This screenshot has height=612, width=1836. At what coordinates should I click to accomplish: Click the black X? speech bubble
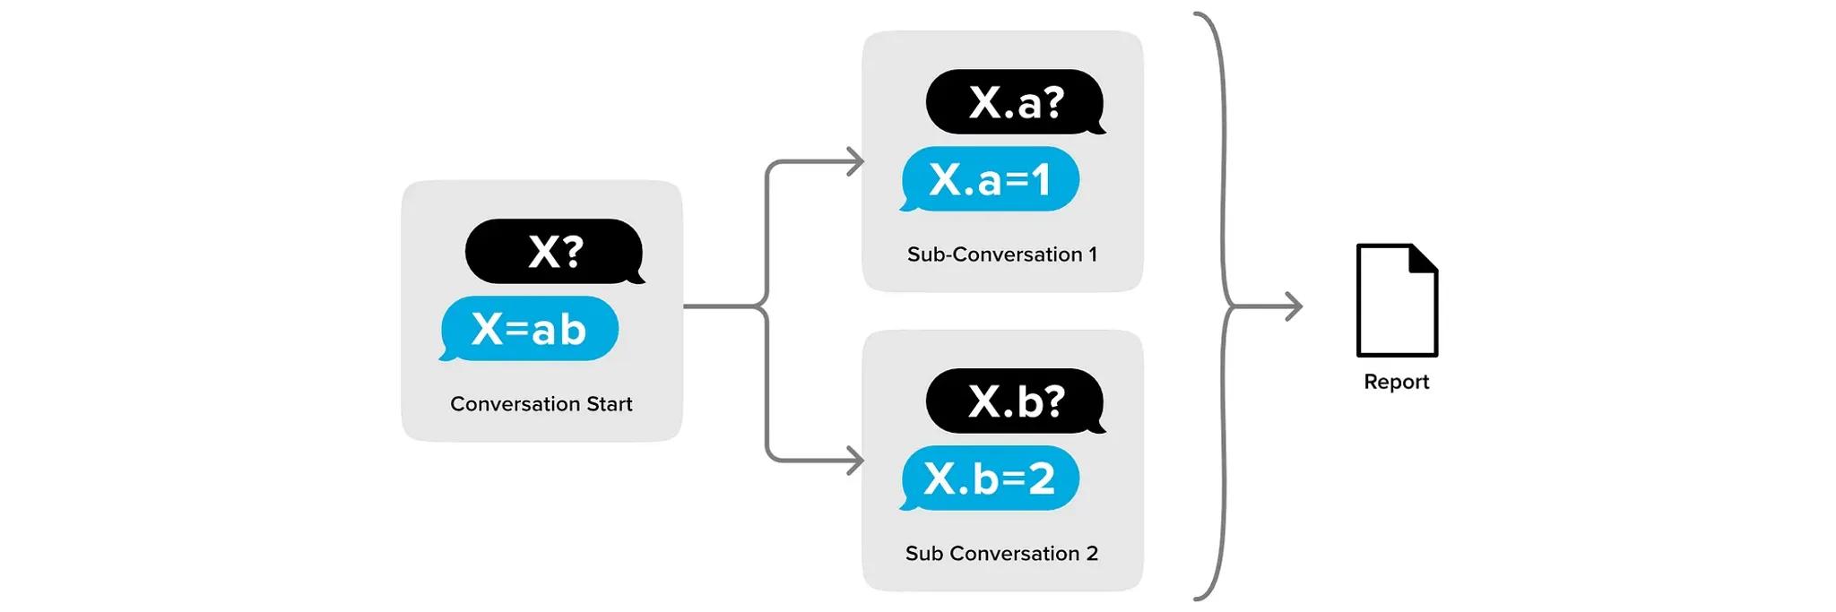click(553, 252)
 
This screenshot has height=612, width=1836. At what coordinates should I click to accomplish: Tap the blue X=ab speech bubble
click(530, 329)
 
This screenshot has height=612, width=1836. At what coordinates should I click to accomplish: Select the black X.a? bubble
click(1014, 102)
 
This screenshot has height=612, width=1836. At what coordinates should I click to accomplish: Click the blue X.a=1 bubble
click(990, 179)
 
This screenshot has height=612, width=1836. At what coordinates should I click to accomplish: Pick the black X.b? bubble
click(1014, 401)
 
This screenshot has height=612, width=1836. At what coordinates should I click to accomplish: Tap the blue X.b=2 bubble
click(990, 478)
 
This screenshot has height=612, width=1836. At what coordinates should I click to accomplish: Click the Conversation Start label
click(541, 404)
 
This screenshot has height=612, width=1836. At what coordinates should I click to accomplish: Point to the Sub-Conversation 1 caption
click(1001, 254)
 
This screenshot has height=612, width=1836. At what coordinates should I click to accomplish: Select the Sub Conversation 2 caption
click(1001, 554)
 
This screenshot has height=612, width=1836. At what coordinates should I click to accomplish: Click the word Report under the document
click(1396, 382)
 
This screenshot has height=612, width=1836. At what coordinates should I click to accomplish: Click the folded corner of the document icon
click(1424, 257)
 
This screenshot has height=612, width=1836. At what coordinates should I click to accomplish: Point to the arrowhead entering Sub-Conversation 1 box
click(857, 162)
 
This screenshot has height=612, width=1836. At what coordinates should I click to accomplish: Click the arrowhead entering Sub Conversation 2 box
click(857, 461)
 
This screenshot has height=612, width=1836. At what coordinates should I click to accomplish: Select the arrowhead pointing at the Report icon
click(1295, 306)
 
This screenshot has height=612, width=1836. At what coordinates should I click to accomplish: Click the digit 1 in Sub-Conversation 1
click(1093, 254)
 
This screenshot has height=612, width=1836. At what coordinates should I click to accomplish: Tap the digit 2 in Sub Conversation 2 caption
click(1092, 554)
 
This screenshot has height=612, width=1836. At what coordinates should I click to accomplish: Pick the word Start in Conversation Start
click(610, 404)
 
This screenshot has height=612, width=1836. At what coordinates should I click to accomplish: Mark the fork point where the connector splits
click(766, 306)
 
